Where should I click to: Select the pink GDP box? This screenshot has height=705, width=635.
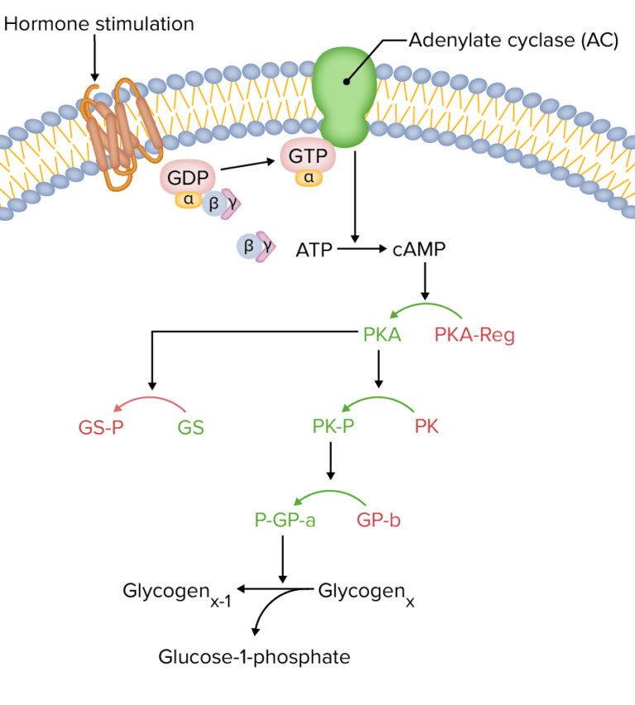[189, 178]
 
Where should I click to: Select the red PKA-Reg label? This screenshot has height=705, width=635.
[474, 336]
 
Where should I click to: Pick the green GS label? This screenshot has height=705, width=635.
[190, 428]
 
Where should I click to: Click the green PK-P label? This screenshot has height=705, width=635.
[333, 427]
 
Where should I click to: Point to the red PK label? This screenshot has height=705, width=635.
[427, 427]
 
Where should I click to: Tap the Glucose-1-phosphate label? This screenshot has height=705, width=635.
[255, 658]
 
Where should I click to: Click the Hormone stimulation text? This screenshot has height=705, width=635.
[99, 24]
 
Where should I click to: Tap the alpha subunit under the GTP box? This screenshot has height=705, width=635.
[308, 178]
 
